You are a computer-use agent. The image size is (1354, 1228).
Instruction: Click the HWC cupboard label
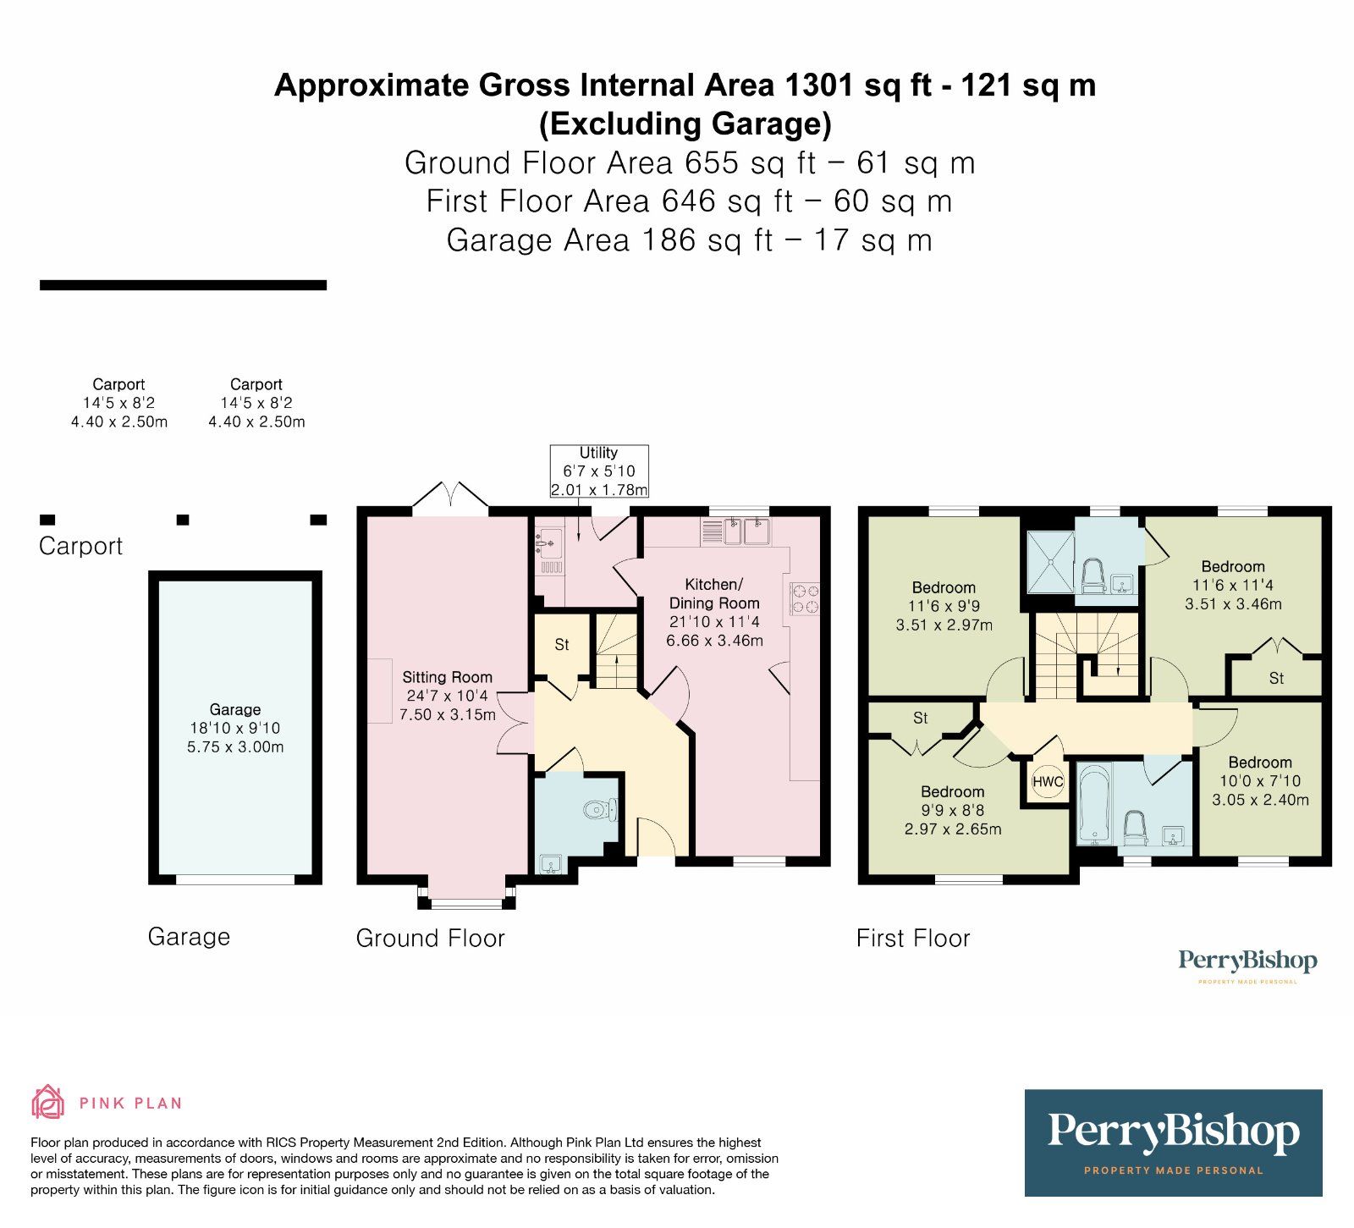coord(1047,781)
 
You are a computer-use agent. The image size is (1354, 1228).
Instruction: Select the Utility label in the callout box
coord(598,453)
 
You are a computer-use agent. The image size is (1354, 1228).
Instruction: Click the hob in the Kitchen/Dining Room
coord(805,598)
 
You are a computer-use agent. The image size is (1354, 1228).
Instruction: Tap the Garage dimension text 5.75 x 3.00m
coord(235,746)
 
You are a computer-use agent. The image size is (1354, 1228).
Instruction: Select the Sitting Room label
coord(447,677)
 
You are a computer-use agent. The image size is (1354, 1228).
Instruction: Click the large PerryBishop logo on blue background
coord(1173,1142)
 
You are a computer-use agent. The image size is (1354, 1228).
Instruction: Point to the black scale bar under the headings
coord(183,285)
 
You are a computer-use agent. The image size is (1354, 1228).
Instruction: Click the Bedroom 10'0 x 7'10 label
coord(1260,763)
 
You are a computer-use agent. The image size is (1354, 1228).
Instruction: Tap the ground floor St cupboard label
coord(562,645)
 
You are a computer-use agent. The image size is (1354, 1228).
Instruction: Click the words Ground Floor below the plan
coord(430,938)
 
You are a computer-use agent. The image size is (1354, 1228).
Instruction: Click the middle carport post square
coord(183,520)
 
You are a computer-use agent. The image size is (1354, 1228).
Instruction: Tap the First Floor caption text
coord(912,938)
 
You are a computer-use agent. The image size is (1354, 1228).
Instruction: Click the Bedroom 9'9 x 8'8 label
coord(952,792)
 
